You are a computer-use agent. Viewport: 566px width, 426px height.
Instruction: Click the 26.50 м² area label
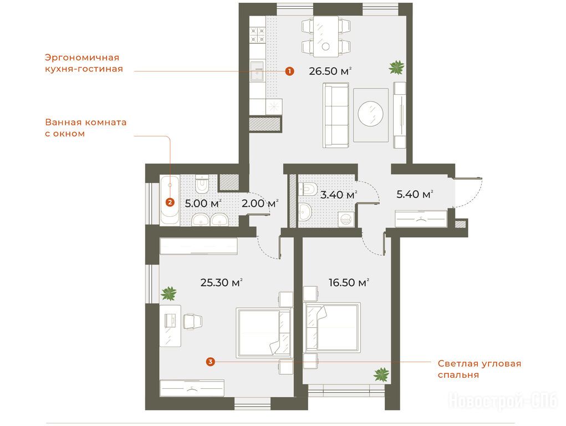pyautogui.click(x=330, y=71)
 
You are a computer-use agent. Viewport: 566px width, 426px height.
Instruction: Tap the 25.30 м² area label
pyautogui.click(x=221, y=282)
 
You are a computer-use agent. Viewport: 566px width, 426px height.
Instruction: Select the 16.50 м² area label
pyautogui.click(x=349, y=282)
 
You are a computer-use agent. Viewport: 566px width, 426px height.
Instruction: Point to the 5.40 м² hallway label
pyautogui.click(x=415, y=194)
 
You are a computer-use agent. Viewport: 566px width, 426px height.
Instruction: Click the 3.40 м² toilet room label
pyautogui.click(x=339, y=195)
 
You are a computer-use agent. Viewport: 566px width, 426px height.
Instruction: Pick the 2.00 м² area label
pyautogui.click(x=260, y=204)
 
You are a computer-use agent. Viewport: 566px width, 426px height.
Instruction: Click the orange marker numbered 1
pyautogui.click(x=289, y=71)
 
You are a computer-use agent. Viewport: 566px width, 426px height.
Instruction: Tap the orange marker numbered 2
pyautogui.click(x=170, y=202)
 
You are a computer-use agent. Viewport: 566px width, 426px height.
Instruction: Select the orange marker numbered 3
pyautogui.click(x=211, y=361)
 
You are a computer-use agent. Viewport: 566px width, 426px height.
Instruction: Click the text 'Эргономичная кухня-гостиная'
pyautogui.click(x=84, y=63)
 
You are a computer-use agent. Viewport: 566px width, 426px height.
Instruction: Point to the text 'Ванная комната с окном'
pyautogui.click(x=85, y=128)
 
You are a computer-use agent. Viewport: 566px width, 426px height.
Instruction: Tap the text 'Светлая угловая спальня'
pyautogui.click(x=480, y=369)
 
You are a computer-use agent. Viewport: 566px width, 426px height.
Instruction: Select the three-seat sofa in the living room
pyautogui.click(x=336, y=115)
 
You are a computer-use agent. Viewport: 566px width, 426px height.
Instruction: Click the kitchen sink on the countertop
pyautogui.click(x=257, y=72)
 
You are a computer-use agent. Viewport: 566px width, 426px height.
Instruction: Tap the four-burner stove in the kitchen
pyautogui.click(x=258, y=35)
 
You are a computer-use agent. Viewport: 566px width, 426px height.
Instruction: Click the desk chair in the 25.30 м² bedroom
pyautogui.click(x=193, y=322)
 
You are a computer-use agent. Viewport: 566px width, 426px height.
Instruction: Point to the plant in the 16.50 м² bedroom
pyautogui.click(x=381, y=374)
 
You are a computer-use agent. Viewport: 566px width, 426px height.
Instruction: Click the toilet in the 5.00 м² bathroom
pyautogui.click(x=201, y=184)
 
